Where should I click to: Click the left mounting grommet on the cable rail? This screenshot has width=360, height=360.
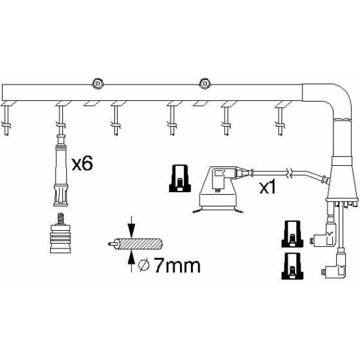pos(97,83)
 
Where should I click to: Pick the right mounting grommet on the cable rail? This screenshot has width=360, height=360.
pos(202,83)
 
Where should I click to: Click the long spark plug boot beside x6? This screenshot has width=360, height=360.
pos(60,169)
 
